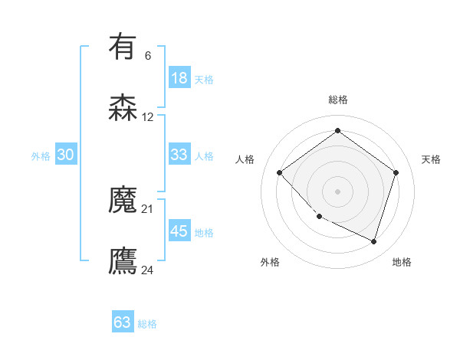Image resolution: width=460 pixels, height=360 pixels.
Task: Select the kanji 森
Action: [x=123, y=107]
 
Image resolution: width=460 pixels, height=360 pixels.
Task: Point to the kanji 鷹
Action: [x=123, y=261]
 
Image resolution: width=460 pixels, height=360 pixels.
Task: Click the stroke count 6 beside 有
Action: [x=147, y=56]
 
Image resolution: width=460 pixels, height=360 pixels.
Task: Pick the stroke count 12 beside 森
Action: [x=148, y=117]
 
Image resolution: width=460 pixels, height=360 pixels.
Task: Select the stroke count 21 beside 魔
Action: [x=148, y=208]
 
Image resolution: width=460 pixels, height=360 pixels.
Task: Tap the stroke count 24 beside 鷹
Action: [x=148, y=270]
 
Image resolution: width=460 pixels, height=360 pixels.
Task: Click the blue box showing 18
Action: [x=179, y=78]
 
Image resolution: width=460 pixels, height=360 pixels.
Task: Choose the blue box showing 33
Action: [x=179, y=154]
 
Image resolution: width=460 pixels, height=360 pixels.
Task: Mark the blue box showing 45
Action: [x=179, y=231]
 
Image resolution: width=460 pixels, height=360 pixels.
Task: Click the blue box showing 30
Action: [x=66, y=154]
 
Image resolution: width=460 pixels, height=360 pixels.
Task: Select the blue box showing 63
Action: [x=123, y=322]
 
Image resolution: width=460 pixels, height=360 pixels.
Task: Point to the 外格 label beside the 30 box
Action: [x=41, y=155]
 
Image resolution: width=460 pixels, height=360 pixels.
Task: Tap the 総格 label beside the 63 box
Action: [x=148, y=324]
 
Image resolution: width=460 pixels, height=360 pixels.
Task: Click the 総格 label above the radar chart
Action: [x=338, y=100]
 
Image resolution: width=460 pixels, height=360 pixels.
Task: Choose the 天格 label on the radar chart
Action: [x=431, y=159]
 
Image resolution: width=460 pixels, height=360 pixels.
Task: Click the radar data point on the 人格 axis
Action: [x=280, y=172]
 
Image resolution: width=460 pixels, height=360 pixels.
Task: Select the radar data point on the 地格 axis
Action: [x=373, y=241]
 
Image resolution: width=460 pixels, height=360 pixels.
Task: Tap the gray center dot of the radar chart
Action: [x=337, y=191]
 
